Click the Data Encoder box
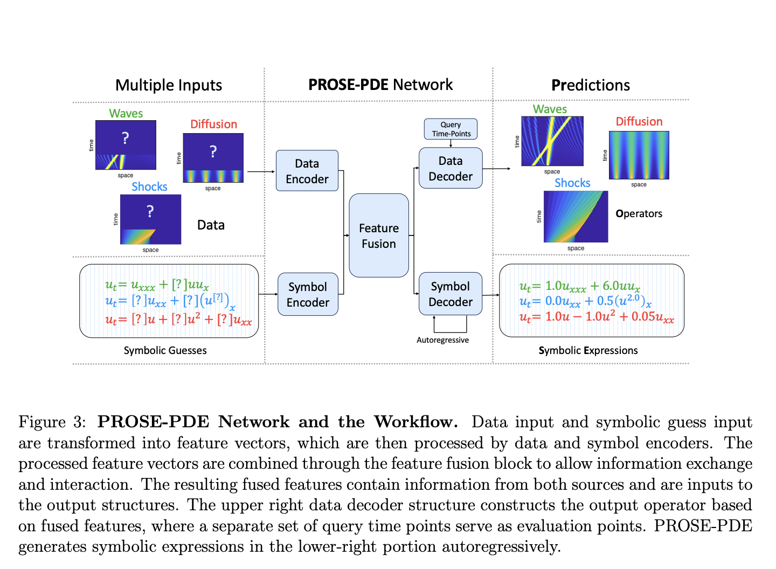tap(307, 171)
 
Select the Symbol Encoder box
tap(308, 294)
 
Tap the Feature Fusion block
tap(379, 235)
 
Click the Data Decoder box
tap(451, 168)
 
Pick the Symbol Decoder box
tap(451, 294)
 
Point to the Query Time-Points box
tap(451, 129)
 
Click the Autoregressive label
tap(442, 340)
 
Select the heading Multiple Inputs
tap(169, 85)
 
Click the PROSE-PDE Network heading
tap(380, 85)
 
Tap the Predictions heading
tap(591, 85)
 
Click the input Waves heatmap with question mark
tap(126, 145)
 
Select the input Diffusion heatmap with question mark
tap(213, 158)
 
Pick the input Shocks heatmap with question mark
tap(150, 219)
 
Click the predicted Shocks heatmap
tap(576, 217)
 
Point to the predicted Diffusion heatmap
tap(639, 155)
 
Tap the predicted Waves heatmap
tap(552, 141)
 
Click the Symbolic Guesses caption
tap(165, 350)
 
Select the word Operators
tap(639, 213)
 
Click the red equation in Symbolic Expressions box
tap(597, 317)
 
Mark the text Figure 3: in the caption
tap(52, 422)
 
